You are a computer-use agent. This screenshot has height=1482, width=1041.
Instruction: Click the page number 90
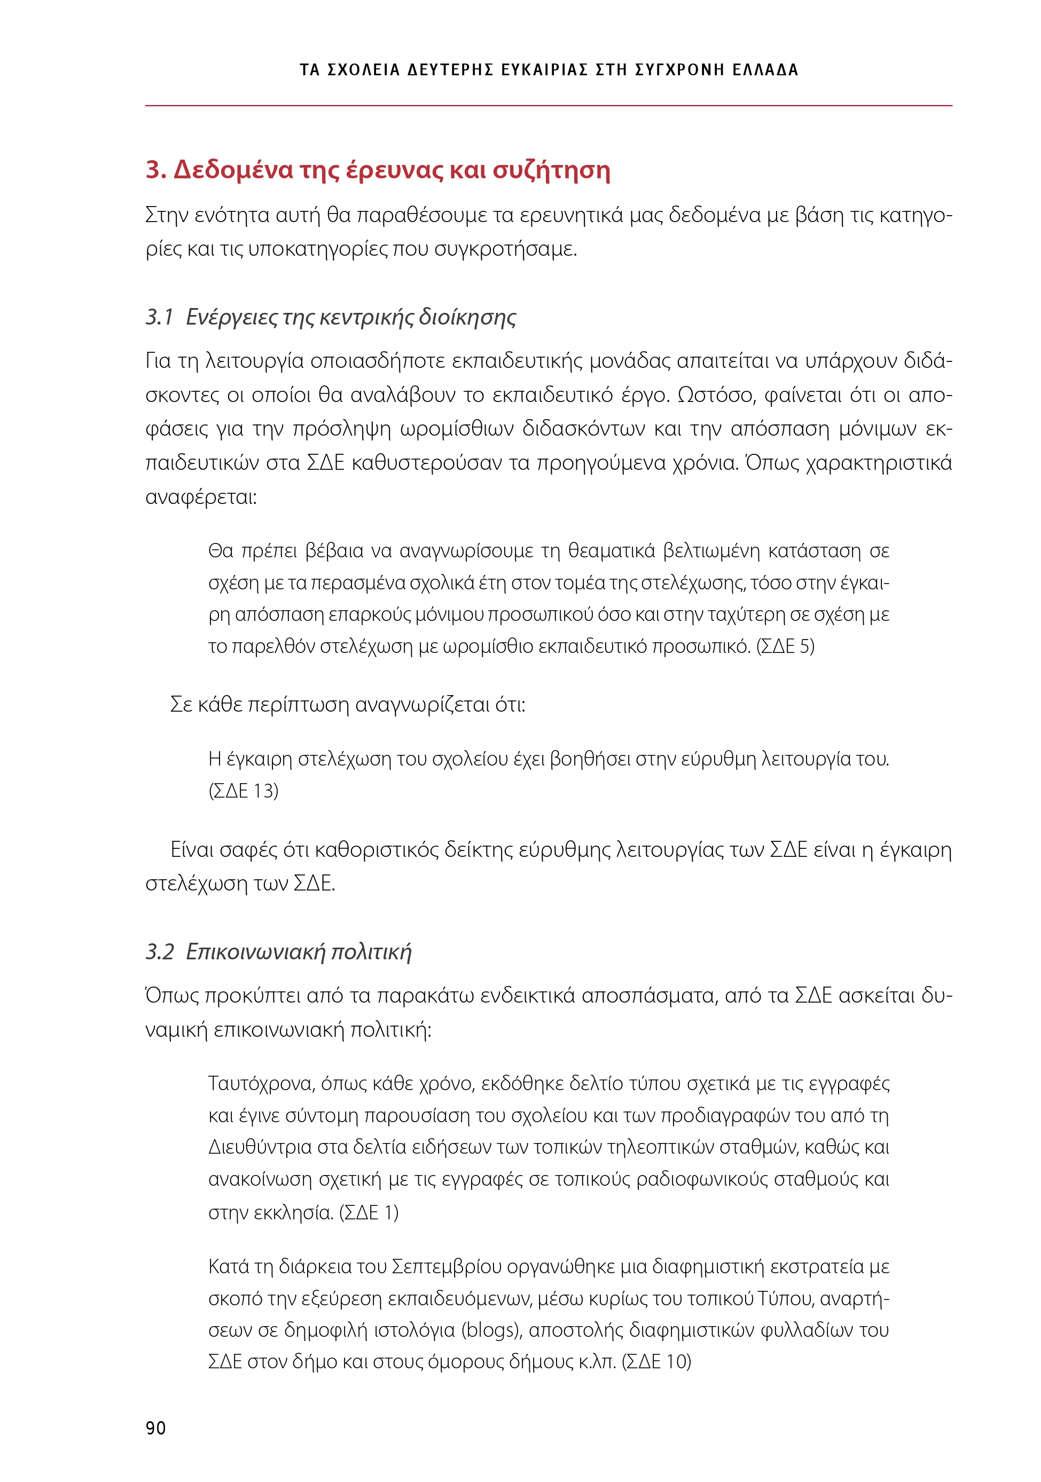155,1429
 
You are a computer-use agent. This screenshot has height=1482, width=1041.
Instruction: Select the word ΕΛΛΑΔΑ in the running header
765,70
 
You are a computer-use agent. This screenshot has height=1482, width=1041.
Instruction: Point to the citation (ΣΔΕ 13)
244,791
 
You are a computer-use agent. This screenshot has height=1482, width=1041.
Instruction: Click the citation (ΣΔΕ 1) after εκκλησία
369,1213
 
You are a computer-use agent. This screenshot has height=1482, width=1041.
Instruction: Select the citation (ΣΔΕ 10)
656,1362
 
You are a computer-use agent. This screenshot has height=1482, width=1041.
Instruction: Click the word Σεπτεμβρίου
446,1267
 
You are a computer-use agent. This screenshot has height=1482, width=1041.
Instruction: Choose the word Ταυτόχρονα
260,1083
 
